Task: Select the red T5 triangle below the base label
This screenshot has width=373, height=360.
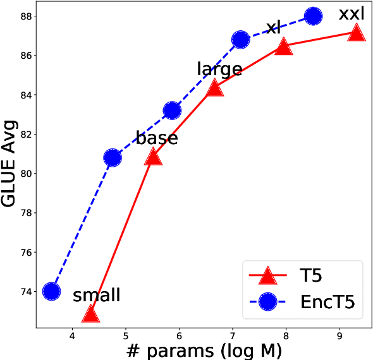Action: coord(153,156)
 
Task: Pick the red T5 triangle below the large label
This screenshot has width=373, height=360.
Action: coord(214,87)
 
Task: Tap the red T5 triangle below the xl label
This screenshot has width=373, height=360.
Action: coord(283,46)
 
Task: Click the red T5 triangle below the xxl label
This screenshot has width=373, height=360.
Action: coord(357,32)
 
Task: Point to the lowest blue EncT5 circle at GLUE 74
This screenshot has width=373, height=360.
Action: coord(51,291)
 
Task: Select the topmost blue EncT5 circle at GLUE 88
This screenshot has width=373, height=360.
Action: coord(313,16)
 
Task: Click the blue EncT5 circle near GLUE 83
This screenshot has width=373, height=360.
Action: coord(172,111)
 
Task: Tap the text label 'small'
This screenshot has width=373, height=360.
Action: coord(96,295)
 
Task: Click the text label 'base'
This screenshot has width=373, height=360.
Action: coord(157,138)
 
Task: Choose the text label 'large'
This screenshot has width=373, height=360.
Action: coord(219,69)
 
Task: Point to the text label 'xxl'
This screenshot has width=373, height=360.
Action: coord(352,13)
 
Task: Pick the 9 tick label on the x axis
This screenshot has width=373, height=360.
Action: coord(340,333)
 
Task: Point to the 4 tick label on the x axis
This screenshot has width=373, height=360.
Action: coord(72,333)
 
